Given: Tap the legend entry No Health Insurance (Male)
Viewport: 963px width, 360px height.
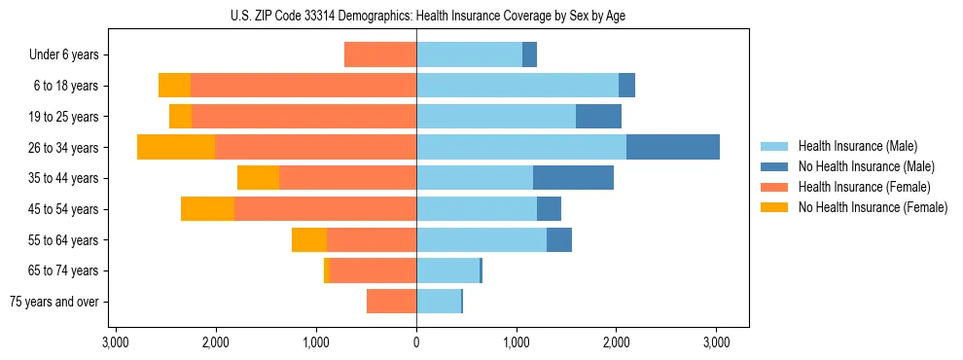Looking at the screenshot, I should (857, 166).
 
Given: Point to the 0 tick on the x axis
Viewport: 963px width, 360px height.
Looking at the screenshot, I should (416, 342).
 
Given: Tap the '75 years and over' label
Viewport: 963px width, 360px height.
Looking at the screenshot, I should (54, 302).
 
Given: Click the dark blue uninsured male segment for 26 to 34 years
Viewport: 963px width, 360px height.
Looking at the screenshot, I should (672, 147).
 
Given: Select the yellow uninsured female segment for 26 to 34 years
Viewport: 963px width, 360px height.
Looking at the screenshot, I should (176, 147).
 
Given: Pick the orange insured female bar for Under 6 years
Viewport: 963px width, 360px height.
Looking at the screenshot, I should (380, 54).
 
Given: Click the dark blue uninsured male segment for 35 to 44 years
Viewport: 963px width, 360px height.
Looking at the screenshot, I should (573, 178).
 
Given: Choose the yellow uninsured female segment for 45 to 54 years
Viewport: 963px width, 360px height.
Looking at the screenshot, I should (207, 209).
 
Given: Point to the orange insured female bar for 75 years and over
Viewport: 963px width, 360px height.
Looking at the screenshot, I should (391, 302).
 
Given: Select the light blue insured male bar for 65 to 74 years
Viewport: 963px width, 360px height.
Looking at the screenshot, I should (447, 270).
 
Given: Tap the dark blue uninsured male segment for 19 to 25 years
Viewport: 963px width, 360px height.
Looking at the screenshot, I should (598, 117).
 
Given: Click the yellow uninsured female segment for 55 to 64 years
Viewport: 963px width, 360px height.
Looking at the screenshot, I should (309, 239).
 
